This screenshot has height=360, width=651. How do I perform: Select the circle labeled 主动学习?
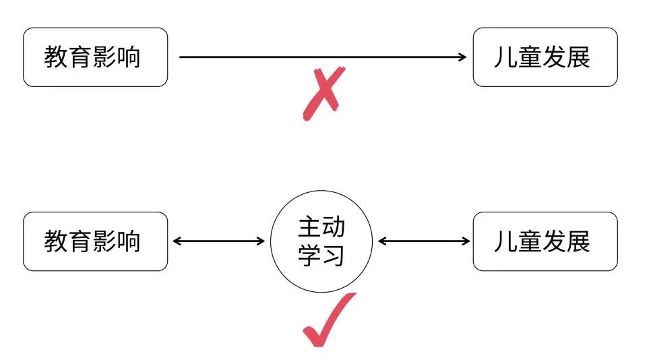pos(321,241)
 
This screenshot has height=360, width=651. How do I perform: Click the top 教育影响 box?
pos(95,57)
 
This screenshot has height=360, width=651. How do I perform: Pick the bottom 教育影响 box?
pos(95,241)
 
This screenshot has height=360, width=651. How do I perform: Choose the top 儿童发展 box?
pos(545,57)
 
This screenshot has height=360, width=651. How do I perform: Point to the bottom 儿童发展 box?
pos(545,241)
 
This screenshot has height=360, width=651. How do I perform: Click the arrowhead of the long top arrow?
pos(462,57)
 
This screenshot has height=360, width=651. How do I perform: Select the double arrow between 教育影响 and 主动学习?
pos(219,241)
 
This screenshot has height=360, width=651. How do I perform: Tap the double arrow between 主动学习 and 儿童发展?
pos(424,241)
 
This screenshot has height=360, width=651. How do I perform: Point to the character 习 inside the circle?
pos(334,256)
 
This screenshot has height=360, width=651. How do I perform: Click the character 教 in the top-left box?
pos(57,57)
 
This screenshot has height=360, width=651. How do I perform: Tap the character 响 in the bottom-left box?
pos(129,241)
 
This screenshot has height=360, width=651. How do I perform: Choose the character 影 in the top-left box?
pos(105,57)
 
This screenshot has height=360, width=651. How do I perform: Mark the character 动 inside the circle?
pos(334,228)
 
